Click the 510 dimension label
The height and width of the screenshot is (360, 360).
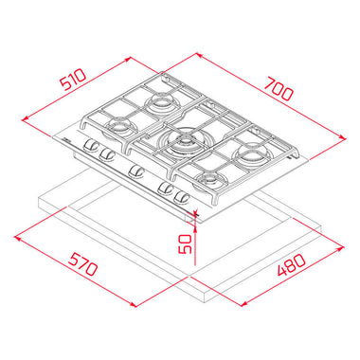(74, 80)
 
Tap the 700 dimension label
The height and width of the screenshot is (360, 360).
(279, 88)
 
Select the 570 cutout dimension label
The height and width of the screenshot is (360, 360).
(82, 264)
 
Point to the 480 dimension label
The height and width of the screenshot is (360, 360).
(291, 264)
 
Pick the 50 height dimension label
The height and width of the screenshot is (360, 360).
(185, 243)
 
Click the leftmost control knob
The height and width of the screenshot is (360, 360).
(91, 145)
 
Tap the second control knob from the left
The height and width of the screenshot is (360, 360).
(107, 153)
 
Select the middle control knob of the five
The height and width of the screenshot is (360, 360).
(137, 171)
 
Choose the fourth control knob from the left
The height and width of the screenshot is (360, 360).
(166, 188)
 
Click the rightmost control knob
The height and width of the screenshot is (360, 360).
(182, 197)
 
